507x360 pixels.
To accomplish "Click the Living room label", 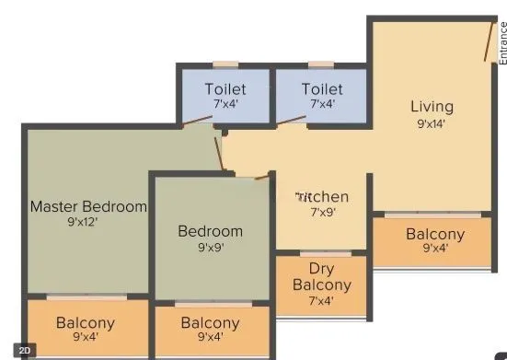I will (x=432, y=107).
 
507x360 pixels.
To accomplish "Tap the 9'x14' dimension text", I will (x=431, y=123).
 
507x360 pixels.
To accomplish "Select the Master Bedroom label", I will (x=88, y=206).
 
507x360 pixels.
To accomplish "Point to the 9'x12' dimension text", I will (x=88, y=222).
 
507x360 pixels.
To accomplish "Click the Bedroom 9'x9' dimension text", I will (x=210, y=247).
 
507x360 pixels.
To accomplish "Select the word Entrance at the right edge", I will (x=502, y=42).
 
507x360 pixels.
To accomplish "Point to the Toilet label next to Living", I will (x=322, y=89).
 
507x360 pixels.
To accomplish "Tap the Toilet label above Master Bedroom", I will (x=225, y=89).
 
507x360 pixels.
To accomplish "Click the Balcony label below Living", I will (x=435, y=234).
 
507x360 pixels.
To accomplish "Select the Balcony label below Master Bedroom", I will (x=86, y=322).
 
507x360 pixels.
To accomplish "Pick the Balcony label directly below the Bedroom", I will (x=211, y=322).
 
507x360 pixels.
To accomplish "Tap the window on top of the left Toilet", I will (x=225, y=64).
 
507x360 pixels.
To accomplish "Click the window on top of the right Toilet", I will (x=321, y=64).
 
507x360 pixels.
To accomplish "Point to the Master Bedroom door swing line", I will (x=221, y=152).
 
